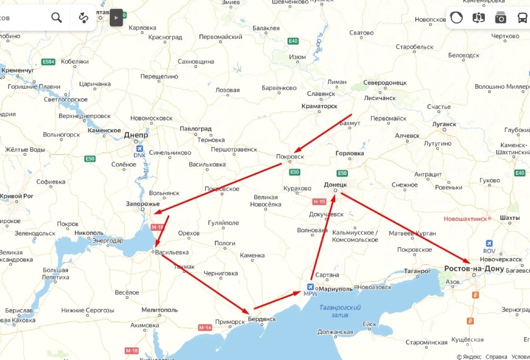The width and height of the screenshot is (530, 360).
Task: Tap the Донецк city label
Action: pos(335,184)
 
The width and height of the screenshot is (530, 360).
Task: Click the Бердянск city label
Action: pos(262,319)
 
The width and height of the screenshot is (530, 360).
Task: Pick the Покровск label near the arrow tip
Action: pos(290,157)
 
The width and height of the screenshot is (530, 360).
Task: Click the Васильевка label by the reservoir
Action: pos(173,253)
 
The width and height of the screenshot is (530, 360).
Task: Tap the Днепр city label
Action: pos(136,135)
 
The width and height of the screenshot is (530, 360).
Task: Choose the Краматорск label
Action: pos(319,106)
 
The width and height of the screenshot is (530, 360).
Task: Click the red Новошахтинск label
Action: pos(466,219)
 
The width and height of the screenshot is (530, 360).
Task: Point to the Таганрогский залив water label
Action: pos(340,311)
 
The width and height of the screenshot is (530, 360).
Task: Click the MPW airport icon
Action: pos(310,287)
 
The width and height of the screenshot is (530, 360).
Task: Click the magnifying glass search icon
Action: pos(56,18)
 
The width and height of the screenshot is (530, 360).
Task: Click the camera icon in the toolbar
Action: pos(500,18)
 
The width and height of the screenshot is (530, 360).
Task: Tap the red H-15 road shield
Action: pos(319,202)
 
